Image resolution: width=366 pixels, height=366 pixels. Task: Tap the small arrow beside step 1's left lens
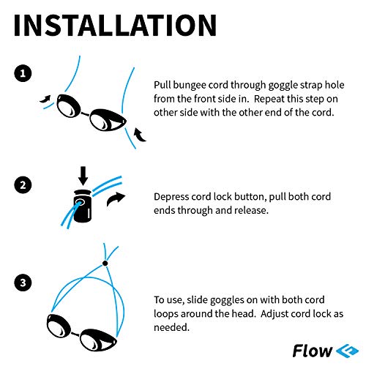45,96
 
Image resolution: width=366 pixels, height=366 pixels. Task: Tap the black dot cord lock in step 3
105,261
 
